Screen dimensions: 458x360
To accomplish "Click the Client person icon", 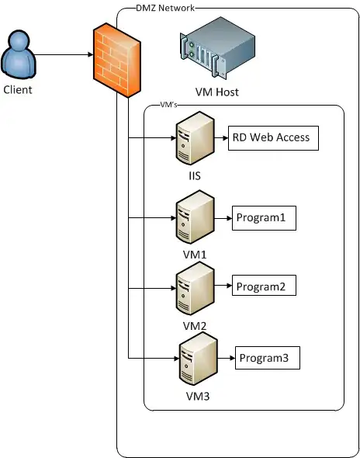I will (19, 55).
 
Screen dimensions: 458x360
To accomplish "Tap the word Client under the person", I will (19, 89).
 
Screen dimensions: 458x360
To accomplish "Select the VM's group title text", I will (171, 105).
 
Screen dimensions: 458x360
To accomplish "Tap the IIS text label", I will (194, 176).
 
